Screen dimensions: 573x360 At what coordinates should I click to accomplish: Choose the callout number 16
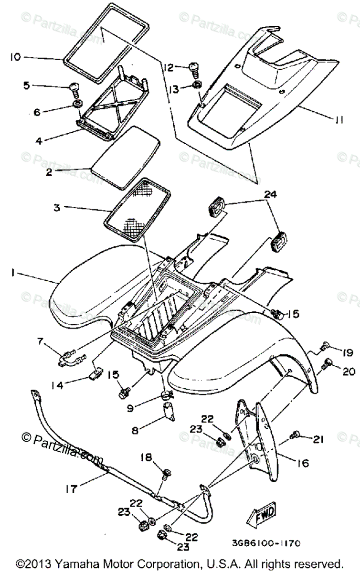(x=303, y=463)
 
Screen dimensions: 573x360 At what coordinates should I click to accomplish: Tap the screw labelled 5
(x=75, y=88)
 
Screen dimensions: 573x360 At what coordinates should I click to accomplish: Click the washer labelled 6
(x=76, y=104)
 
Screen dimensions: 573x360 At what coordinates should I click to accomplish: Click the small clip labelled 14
(x=95, y=373)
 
